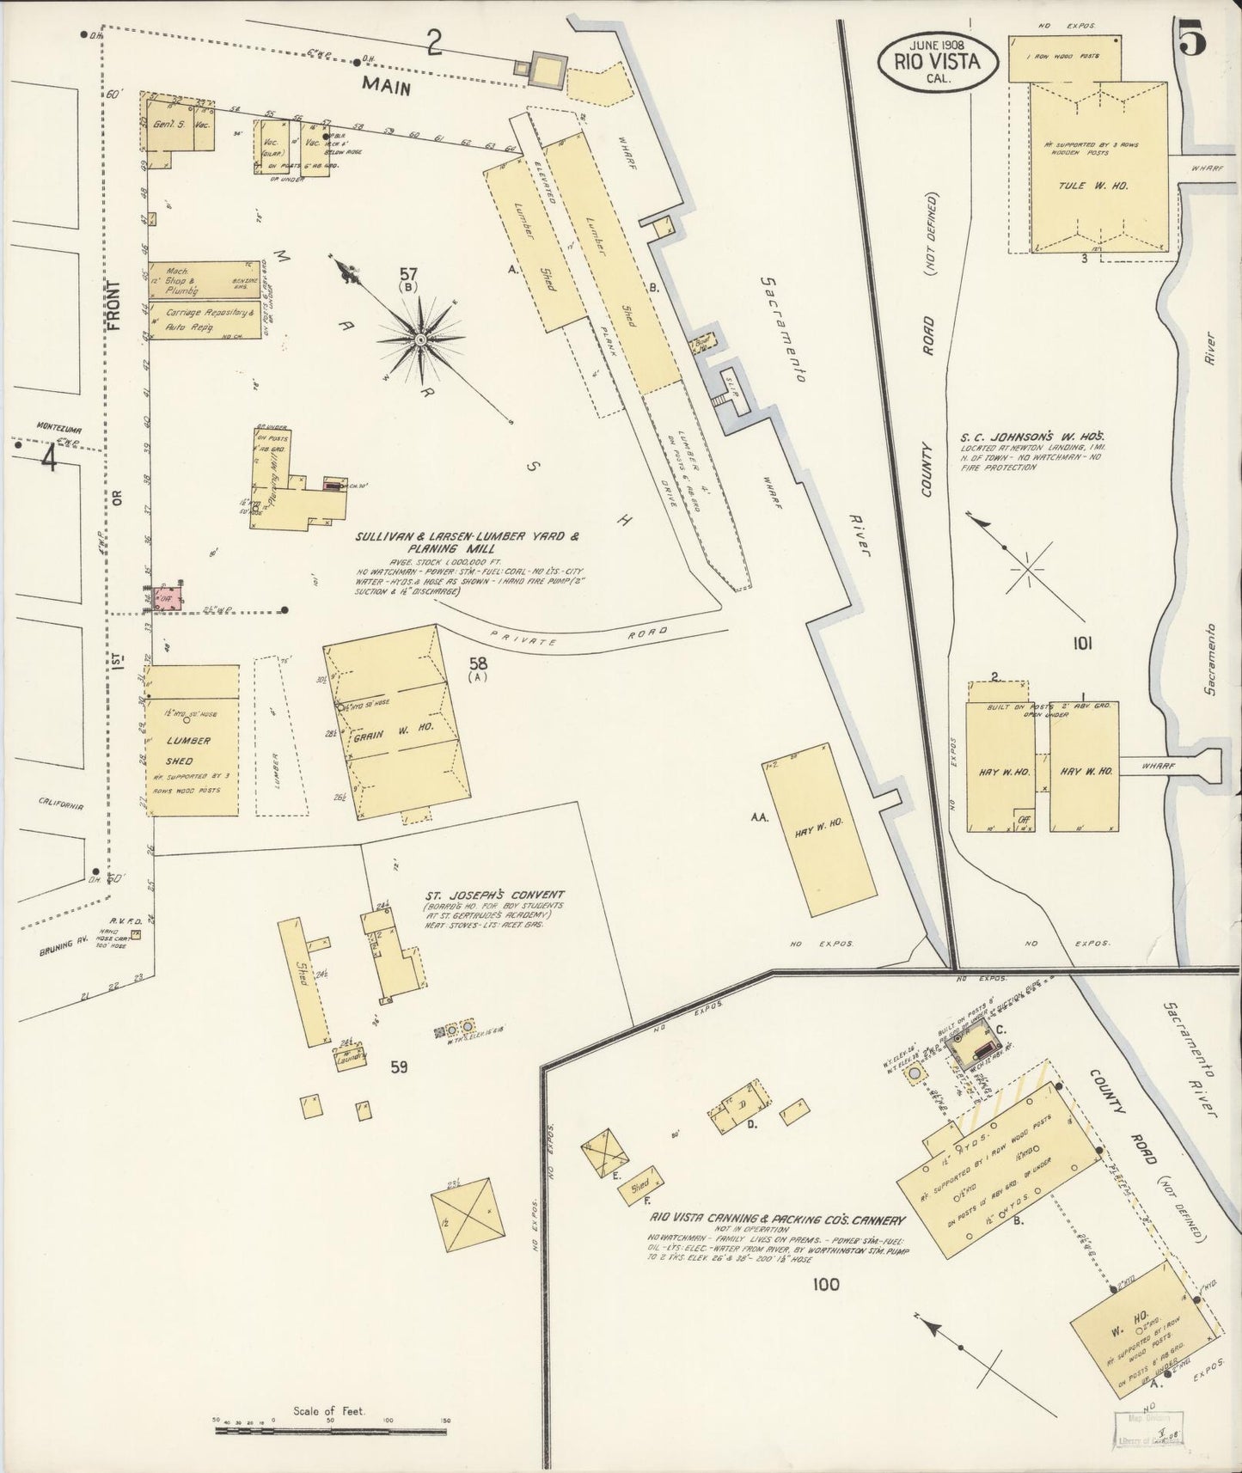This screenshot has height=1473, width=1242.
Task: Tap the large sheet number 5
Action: [x=1192, y=40]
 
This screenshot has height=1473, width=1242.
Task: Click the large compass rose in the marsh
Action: [x=421, y=340]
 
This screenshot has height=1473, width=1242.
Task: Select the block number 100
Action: [x=824, y=1286]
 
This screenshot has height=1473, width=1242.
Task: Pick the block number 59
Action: [x=398, y=1067]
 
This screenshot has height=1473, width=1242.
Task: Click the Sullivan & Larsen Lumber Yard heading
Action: [x=468, y=542]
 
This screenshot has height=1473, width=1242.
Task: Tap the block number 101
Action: [x=1081, y=643]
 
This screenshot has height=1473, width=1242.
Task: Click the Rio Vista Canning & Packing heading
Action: [x=778, y=1220]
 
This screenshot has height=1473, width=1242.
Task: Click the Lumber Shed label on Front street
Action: [x=189, y=750]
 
